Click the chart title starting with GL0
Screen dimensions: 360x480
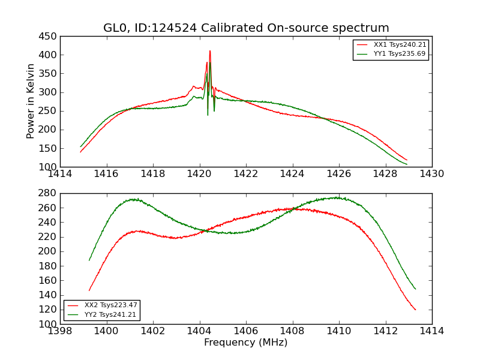coord(246,28)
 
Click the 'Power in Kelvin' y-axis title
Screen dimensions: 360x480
coord(31,101)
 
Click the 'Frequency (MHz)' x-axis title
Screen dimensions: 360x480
coord(246,343)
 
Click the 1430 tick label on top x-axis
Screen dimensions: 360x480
coord(432,174)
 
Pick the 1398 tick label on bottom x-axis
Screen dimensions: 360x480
coord(60,331)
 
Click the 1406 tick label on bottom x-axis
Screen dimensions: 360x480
coord(246,331)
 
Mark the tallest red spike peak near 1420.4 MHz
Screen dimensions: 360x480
coord(210,51)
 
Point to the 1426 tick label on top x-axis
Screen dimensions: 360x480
coord(339,174)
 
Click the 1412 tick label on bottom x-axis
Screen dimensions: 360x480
coord(385,331)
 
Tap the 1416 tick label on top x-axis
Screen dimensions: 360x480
coord(106,174)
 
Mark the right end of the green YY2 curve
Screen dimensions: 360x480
coord(415,289)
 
